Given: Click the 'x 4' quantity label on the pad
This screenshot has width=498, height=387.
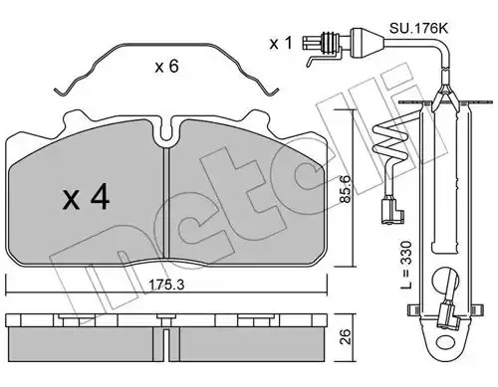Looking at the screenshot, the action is click(86, 198).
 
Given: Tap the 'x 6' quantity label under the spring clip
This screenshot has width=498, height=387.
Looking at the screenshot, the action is click(166, 67).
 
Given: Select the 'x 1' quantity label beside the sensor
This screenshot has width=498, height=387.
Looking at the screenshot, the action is click(281, 43).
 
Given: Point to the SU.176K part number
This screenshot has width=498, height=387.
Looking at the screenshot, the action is click(418, 28).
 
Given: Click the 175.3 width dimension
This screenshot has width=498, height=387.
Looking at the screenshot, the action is click(166, 285).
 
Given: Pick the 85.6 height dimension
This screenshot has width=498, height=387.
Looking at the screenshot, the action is click(346, 189).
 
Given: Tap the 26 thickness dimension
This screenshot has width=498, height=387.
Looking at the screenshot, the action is click(346, 337).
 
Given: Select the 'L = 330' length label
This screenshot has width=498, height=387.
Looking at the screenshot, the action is click(406, 265).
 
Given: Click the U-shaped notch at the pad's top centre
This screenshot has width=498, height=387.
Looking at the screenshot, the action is click(166, 131).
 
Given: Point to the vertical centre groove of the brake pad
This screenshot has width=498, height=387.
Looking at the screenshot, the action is click(166, 202).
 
